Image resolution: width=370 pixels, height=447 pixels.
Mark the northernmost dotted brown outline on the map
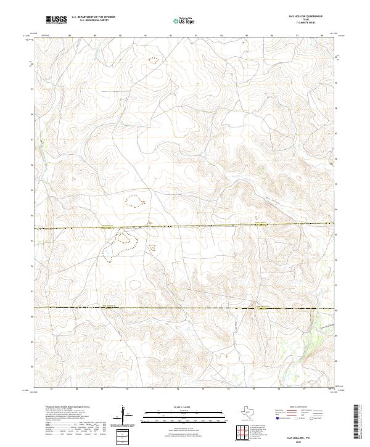pyautogui.click(x=153, y=60)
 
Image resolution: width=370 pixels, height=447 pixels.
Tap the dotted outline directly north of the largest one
pyautogui.click(x=134, y=200)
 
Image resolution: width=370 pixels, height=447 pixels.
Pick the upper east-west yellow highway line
pyautogui.click(x=185, y=226)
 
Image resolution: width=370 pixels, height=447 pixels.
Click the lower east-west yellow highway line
pyautogui.click(x=185, y=307)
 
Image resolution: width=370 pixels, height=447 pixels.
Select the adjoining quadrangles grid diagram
pyautogui.click(x=242, y=433)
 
